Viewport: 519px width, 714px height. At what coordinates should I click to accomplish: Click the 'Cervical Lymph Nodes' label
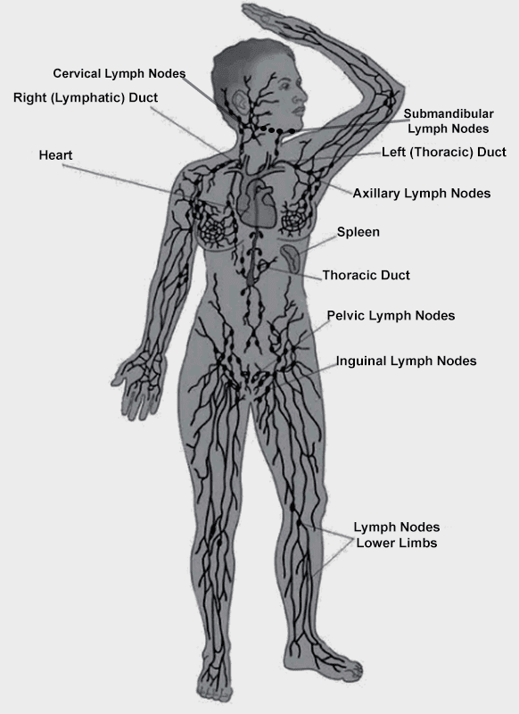click(119, 74)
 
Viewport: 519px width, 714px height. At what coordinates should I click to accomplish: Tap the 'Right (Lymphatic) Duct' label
click(86, 98)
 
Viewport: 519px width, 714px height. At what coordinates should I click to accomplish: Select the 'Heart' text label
click(55, 155)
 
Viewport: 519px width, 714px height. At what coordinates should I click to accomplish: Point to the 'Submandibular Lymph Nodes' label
click(449, 121)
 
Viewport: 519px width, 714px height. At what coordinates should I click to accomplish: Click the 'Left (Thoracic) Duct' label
click(444, 152)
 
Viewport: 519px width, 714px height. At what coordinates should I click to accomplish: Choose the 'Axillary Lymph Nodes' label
click(422, 194)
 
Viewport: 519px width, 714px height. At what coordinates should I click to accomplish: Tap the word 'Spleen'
click(358, 232)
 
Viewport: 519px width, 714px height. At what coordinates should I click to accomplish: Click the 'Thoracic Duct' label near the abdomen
click(367, 276)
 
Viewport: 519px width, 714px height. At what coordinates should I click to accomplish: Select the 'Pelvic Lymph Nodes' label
click(391, 316)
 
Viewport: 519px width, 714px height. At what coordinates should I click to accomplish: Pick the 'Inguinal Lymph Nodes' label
click(407, 361)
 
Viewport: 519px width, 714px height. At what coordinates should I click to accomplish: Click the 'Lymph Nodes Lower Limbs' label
click(397, 535)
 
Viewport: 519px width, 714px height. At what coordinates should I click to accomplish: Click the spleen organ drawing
click(291, 259)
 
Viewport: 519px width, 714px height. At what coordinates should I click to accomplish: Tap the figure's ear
click(240, 103)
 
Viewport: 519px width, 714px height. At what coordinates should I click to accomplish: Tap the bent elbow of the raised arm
click(392, 96)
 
